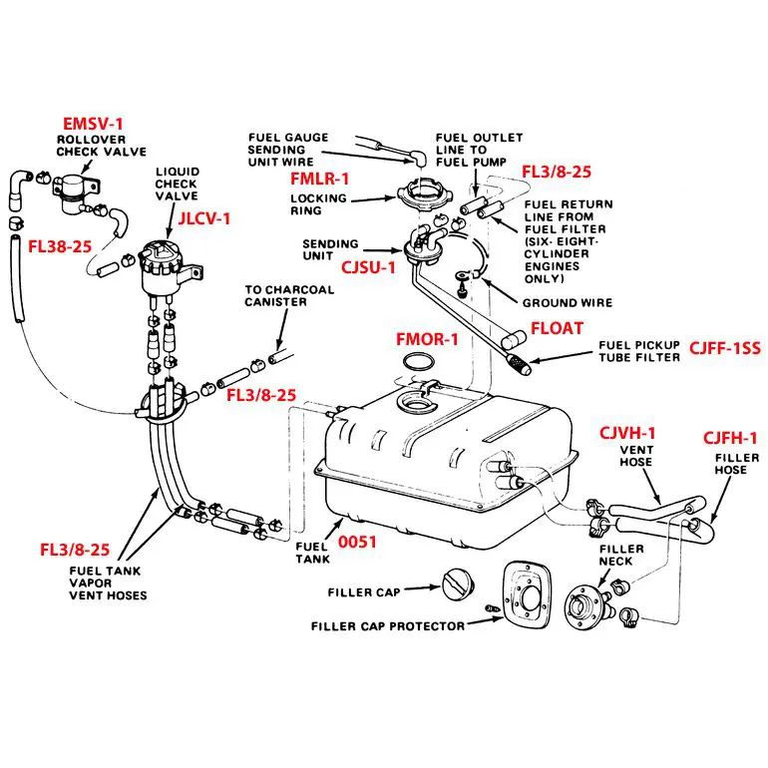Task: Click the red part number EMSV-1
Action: click(x=93, y=124)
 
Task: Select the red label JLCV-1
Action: click(x=203, y=218)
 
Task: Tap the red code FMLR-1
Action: click(x=319, y=179)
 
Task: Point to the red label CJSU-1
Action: click(x=368, y=267)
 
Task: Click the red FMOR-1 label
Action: click(x=427, y=339)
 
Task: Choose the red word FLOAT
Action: click(x=557, y=328)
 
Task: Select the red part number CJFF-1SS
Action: click(x=725, y=348)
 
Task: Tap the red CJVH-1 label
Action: click(x=627, y=433)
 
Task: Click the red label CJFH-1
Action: click(x=730, y=438)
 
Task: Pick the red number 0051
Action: click(x=357, y=542)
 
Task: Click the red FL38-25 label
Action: click(x=60, y=246)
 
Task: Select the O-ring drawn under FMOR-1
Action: click(x=418, y=362)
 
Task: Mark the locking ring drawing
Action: click(x=417, y=194)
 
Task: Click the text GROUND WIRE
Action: click(x=568, y=302)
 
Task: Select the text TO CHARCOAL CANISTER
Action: click(x=289, y=296)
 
